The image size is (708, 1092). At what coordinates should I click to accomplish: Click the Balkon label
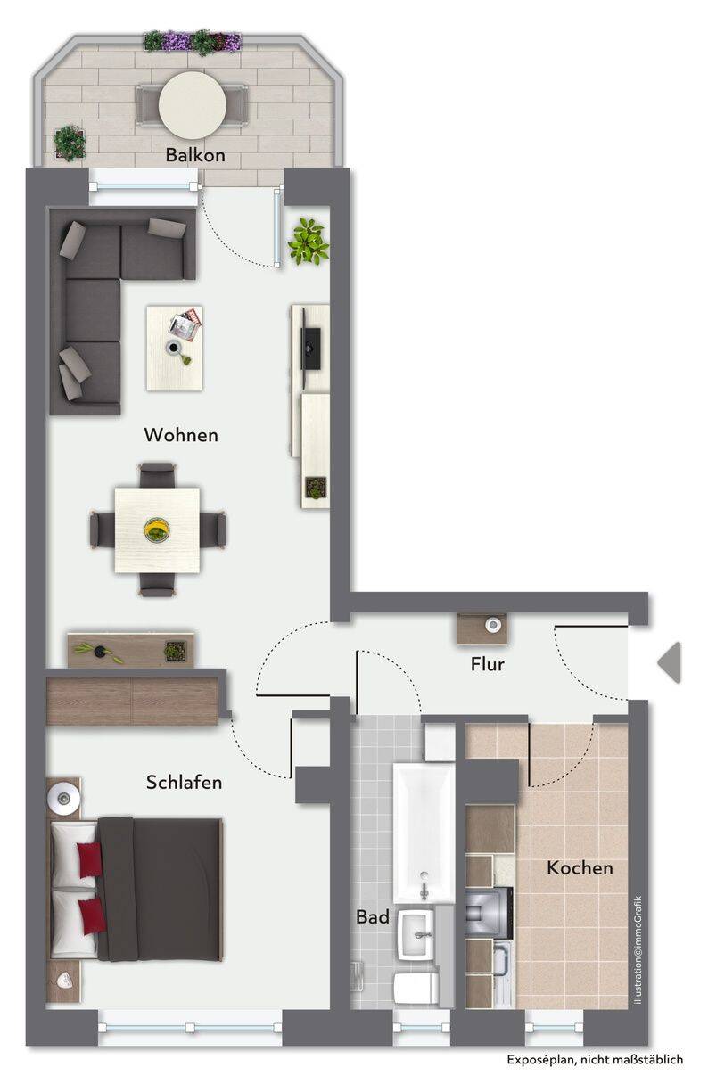(x=195, y=155)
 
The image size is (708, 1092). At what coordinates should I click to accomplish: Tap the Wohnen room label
(x=181, y=435)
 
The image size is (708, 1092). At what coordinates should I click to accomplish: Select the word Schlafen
(x=185, y=783)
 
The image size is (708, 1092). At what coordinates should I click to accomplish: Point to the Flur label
(x=487, y=664)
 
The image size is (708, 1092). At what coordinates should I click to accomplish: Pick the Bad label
(x=373, y=916)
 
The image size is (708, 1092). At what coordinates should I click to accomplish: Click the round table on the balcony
(x=193, y=104)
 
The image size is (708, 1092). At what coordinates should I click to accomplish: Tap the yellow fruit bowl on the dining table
(x=157, y=530)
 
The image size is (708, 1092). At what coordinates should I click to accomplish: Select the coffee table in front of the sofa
(x=175, y=348)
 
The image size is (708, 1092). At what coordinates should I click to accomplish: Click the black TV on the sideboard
(x=310, y=348)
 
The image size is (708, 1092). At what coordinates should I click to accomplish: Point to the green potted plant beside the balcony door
(x=309, y=242)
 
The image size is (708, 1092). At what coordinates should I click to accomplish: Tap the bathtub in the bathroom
(x=424, y=834)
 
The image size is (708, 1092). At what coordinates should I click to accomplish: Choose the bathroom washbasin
(x=416, y=934)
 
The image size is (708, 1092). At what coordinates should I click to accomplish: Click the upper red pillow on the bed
(x=90, y=859)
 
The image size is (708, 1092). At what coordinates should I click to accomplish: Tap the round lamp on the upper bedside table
(x=63, y=798)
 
